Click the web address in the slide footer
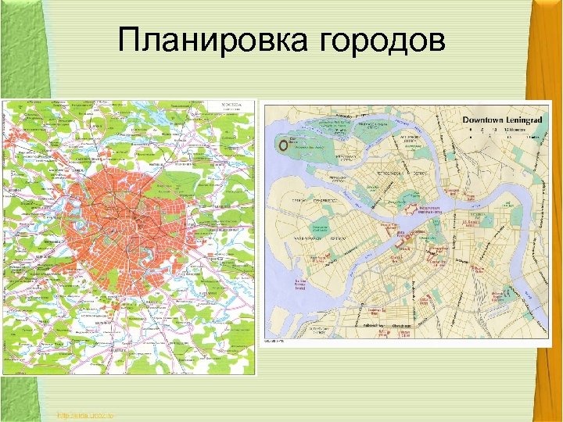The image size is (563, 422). point(85,414)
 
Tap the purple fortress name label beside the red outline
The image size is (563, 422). point(431,209)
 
